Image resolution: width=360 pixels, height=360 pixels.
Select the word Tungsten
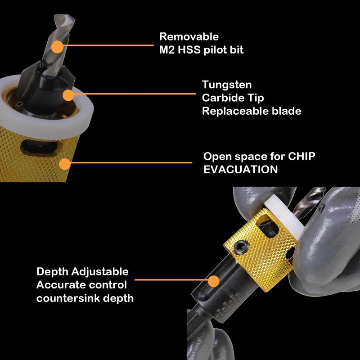point(227,85)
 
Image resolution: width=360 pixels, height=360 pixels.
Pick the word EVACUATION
point(240,170)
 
